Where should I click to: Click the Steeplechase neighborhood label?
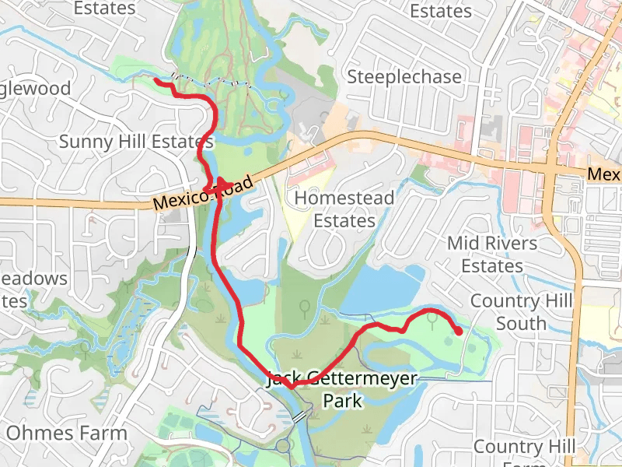click(x=404, y=77)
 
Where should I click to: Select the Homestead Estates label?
click(x=344, y=209)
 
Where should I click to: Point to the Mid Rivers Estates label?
click(x=492, y=255)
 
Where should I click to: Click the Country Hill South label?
click(x=522, y=311)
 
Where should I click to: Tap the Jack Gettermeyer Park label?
click(x=342, y=390)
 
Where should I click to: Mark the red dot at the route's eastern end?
click(x=459, y=332)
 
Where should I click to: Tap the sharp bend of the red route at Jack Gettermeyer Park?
click(x=290, y=385)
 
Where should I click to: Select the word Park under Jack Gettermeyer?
click(x=343, y=402)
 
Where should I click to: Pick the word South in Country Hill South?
click(x=522, y=323)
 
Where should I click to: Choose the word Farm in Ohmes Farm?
click(x=103, y=433)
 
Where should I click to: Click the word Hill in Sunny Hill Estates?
click(x=126, y=142)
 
